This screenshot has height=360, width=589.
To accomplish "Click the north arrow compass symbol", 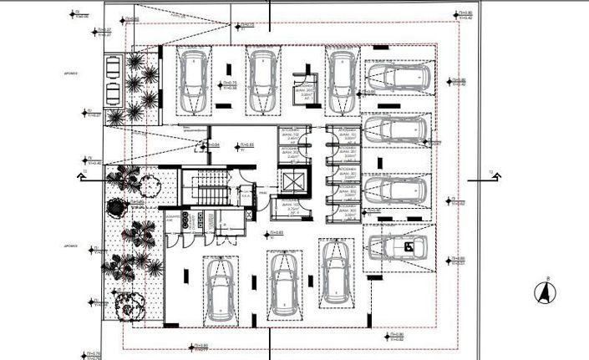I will pos(544,292).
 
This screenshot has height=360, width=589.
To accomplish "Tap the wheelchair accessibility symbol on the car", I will pos(409,246).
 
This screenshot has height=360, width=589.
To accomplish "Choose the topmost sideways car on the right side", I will pos(397,78).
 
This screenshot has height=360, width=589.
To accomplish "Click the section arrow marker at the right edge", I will pos(494,175).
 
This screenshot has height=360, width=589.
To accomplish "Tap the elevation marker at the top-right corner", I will pos(462,14).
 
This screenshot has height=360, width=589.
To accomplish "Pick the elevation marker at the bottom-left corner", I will pos(88,354).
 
